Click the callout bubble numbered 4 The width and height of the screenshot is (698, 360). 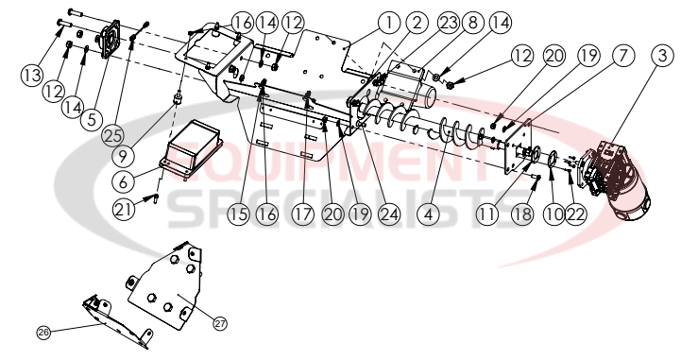(430, 214)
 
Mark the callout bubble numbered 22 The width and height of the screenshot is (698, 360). (575, 214)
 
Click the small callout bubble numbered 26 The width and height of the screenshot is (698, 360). (43, 332)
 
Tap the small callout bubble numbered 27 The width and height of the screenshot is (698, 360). (220, 323)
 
